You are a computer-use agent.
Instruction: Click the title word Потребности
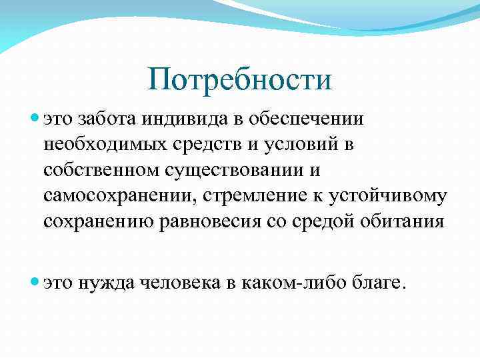point(239,81)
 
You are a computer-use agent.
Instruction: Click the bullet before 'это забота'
point(34,119)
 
